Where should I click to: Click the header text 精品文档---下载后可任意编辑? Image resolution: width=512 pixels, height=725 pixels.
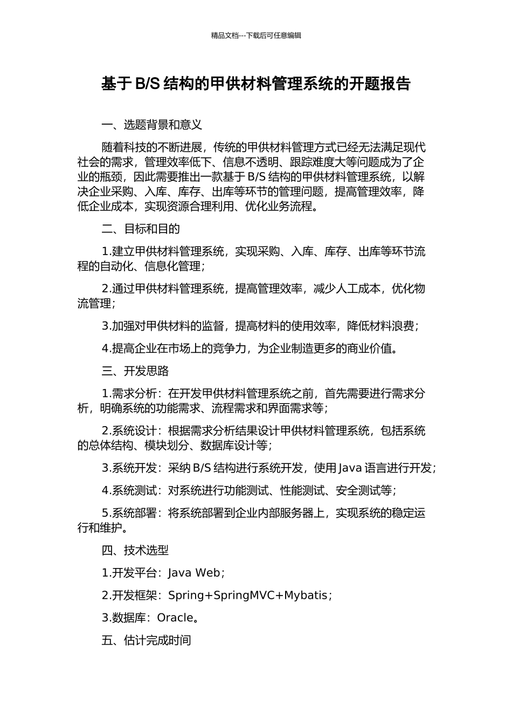point(256,36)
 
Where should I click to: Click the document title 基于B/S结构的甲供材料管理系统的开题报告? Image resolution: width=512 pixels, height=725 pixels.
point(256,84)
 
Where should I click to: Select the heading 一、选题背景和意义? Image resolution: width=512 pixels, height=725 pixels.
point(152,125)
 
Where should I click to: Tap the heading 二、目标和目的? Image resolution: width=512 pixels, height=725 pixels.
point(141,229)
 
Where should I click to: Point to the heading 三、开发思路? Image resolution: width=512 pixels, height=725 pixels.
point(135,371)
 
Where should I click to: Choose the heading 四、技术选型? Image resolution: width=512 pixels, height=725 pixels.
point(135,550)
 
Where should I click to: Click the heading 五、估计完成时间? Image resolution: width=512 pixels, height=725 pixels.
point(146,640)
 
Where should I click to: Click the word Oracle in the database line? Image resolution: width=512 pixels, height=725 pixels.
point(175,618)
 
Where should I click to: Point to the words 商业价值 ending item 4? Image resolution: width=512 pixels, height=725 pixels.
point(370,348)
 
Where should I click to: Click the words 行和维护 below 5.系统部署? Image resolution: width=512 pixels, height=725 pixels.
point(99,528)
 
